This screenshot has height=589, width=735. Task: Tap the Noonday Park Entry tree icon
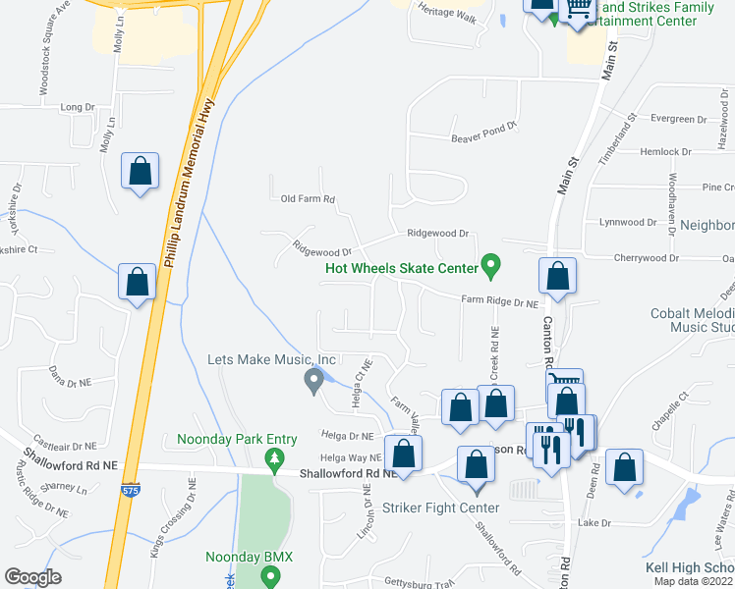[x=276, y=457]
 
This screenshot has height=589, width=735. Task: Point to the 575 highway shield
[x=131, y=488]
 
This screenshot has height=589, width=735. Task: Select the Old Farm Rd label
[x=308, y=198]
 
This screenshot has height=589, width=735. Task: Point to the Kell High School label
[x=689, y=568]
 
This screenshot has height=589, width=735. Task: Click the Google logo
[x=33, y=577]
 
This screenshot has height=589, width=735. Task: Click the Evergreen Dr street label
[x=678, y=119]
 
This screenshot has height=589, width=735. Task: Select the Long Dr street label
[x=77, y=106]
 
